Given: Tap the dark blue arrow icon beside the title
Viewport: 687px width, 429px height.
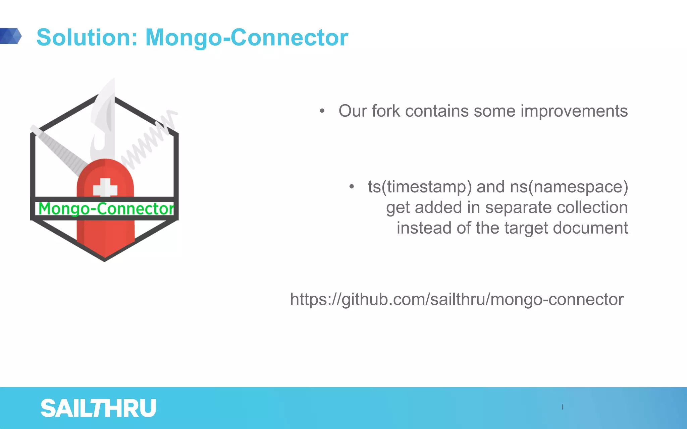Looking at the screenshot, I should [x=11, y=36].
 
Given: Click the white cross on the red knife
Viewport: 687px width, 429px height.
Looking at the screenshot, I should [x=105, y=188].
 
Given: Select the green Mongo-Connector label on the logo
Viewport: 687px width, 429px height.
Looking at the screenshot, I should [x=106, y=208].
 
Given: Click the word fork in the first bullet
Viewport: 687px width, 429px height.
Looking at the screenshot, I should [x=386, y=111].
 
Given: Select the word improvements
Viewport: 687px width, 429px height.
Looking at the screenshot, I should [x=574, y=111].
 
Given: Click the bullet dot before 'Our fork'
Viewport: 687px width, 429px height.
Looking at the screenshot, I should [x=322, y=111].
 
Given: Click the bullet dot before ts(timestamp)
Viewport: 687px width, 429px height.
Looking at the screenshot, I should [x=351, y=187].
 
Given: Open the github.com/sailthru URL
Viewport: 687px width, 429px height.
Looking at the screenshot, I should [x=457, y=299].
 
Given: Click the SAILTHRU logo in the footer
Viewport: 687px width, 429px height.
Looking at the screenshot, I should [x=98, y=408].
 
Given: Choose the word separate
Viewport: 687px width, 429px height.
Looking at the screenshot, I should [x=517, y=207].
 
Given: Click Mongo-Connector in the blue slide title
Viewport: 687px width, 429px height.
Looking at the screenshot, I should [x=247, y=37].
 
